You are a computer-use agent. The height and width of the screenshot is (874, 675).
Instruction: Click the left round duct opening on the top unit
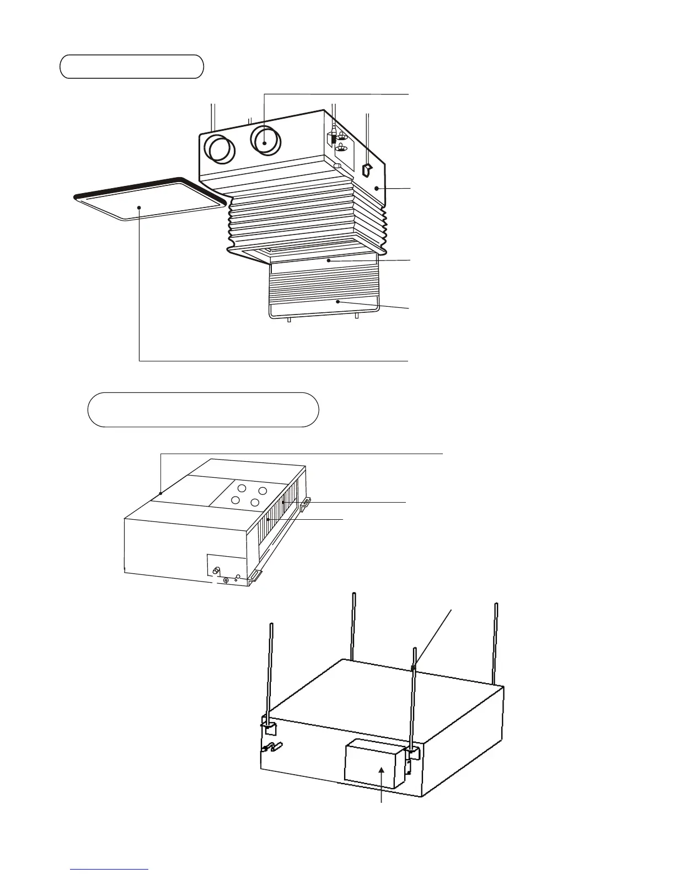click(219, 148)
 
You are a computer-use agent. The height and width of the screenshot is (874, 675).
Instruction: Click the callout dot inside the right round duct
click(264, 143)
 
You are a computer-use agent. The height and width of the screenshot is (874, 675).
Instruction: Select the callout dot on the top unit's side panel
click(377, 189)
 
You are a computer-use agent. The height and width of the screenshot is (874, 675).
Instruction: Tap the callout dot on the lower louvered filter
click(337, 301)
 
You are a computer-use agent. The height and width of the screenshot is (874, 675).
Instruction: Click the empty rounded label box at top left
click(131, 67)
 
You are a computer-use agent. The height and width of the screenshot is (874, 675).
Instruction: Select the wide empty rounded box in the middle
click(203, 410)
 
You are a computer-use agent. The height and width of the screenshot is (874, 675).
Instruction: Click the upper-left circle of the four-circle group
click(241, 488)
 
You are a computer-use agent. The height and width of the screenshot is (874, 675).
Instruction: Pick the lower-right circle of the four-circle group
click(255, 503)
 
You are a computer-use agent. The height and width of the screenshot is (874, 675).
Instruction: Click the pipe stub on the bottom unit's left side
click(272, 748)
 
